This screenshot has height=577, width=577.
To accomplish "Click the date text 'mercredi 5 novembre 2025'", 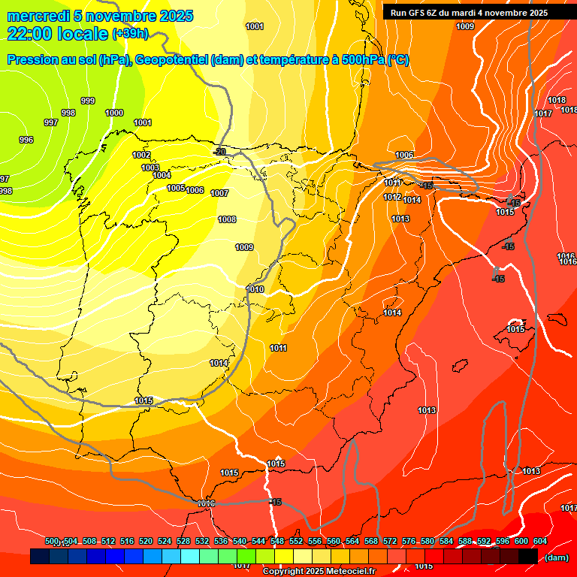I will click(100, 16).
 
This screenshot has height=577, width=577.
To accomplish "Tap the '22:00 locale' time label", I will click(56, 33).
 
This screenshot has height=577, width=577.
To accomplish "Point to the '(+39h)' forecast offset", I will click(130, 34).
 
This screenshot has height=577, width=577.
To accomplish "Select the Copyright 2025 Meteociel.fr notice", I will click(318, 572).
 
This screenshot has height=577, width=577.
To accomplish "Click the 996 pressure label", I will click(26, 140).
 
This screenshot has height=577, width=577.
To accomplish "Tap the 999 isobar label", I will click(88, 101).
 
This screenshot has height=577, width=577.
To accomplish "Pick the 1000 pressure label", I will click(114, 113).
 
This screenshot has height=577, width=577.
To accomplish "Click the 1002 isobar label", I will click(141, 155).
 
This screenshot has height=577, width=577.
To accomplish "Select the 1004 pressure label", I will click(162, 175).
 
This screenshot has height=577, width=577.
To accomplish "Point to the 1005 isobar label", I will click(176, 188).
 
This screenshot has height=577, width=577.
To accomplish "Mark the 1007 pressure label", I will click(219, 193).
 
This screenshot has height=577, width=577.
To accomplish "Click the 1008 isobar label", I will click(227, 219).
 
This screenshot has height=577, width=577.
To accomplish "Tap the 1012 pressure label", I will click(391, 197).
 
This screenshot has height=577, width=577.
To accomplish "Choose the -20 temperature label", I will click(219, 152).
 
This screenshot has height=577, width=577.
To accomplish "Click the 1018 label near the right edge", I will click(557, 101).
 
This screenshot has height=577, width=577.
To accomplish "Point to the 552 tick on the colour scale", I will click(296, 541).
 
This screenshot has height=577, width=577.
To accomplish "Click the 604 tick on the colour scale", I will click(539, 541).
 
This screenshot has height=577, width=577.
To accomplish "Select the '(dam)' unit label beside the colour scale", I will click(556, 557).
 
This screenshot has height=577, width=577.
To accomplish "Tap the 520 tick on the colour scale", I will click(146, 541).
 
